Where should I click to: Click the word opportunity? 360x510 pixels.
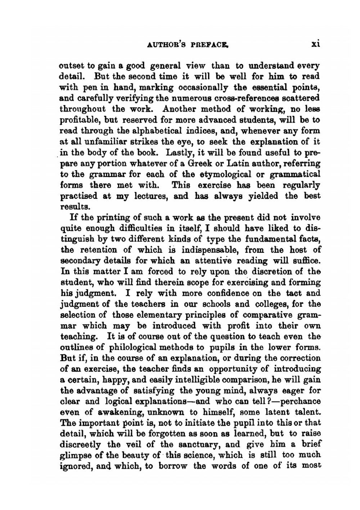pyautogui.click(x=236, y=369)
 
